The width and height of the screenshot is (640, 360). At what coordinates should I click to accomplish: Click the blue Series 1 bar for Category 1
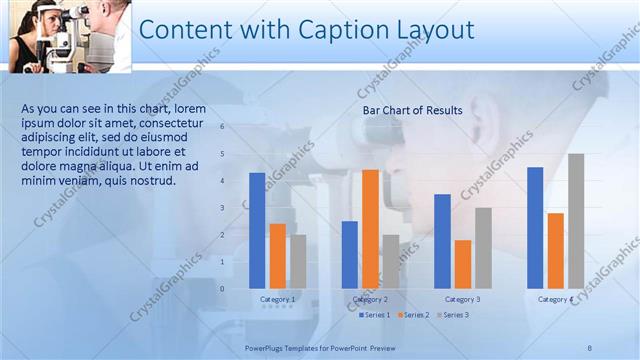click(x=257, y=230)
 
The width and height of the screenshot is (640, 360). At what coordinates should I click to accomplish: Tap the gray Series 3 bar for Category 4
click(x=576, y=220)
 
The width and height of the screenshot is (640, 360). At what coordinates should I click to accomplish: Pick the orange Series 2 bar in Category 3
click(x=463, y=263)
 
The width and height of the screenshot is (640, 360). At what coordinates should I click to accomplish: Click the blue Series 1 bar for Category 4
click(x=535, y=227)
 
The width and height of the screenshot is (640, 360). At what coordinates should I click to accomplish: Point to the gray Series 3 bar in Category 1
click(x=298, y=261)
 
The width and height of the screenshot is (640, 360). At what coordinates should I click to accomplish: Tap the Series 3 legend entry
click(x=452, y=315)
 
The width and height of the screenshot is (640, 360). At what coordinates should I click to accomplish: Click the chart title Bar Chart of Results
click(x=412, y=111)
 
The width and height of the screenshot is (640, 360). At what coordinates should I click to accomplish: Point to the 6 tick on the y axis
click(x=222, y=127)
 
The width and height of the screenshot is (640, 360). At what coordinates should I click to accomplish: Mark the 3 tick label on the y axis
click(x=222, y=208)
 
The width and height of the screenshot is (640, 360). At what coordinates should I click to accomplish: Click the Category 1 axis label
click(x=277, y=300)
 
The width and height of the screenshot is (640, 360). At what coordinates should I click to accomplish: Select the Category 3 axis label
click(x=462, y=300)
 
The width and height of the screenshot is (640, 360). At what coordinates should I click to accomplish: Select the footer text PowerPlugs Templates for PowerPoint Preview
click(x=320, y=347)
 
